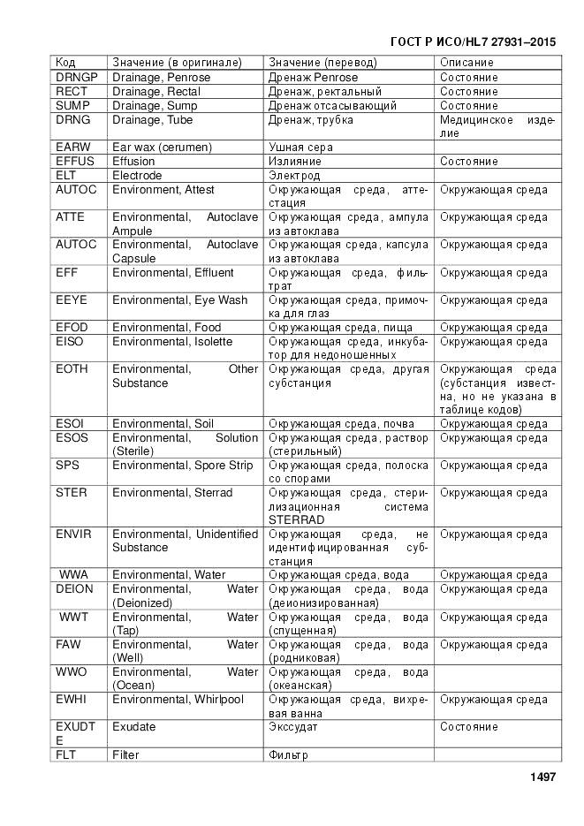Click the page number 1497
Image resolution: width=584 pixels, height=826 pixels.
point(542,777)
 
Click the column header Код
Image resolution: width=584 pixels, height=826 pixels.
point(65,63)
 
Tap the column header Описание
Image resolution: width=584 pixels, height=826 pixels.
point(466,63)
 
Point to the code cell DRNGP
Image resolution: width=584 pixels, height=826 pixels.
point(77,78)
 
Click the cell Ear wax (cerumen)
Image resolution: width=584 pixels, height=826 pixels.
point(163,148)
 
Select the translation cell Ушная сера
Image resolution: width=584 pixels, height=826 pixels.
point(300,148)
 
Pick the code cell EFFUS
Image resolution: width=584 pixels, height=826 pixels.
point(74,162)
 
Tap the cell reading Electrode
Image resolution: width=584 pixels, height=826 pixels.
point(137,176)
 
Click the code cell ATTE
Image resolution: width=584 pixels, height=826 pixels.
point(70,217)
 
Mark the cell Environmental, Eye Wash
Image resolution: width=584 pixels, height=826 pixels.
point(179,300)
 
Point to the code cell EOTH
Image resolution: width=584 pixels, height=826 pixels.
point(72,369)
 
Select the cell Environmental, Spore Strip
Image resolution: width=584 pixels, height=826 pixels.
point(182,466)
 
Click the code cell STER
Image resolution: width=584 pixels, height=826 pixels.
point(71,493)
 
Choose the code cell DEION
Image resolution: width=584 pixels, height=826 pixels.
point(74,589)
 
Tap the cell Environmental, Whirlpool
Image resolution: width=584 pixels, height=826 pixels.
point(178,700)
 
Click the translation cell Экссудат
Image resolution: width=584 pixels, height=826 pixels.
point(294,727)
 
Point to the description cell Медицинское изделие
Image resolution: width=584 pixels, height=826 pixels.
point(497,126)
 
